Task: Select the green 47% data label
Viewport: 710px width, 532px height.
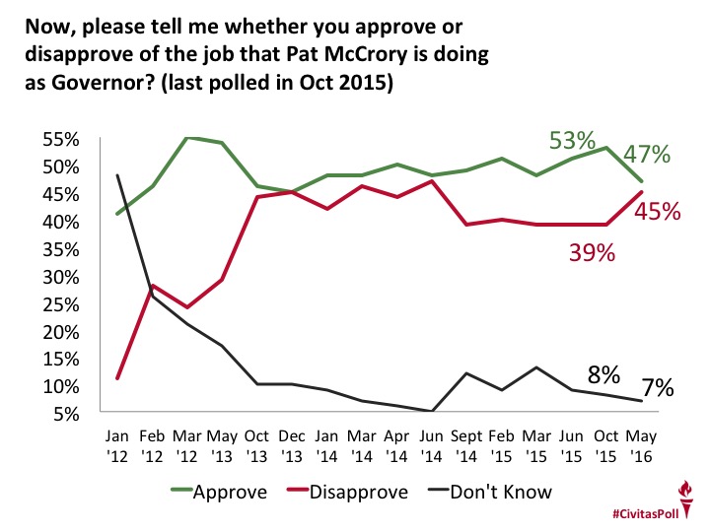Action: pyautogui.click(x=648, y=155)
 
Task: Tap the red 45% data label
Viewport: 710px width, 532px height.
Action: pyautogui.click(x=653, y=212)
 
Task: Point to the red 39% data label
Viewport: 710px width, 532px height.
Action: pyautogui.click(x=593, y=253)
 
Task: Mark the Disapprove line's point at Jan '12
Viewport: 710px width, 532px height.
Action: pyautogui.click(x=118, y=378)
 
